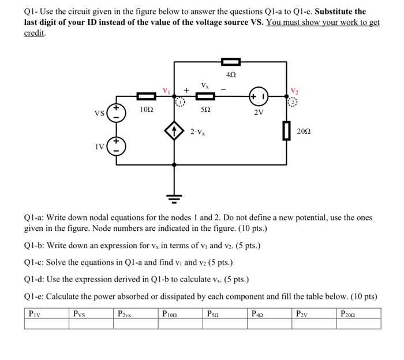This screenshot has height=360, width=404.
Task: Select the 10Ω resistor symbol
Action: coord(146,96)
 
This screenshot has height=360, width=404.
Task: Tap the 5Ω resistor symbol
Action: coord(206,96)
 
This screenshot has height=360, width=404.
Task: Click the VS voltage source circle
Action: coord(116,112)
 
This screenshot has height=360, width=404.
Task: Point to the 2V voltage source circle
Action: coord(258,96)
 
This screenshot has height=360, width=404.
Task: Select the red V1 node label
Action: coord(167,90)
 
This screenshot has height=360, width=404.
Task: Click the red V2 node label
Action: coord(295,90)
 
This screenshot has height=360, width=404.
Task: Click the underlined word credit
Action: coord(34,33)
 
